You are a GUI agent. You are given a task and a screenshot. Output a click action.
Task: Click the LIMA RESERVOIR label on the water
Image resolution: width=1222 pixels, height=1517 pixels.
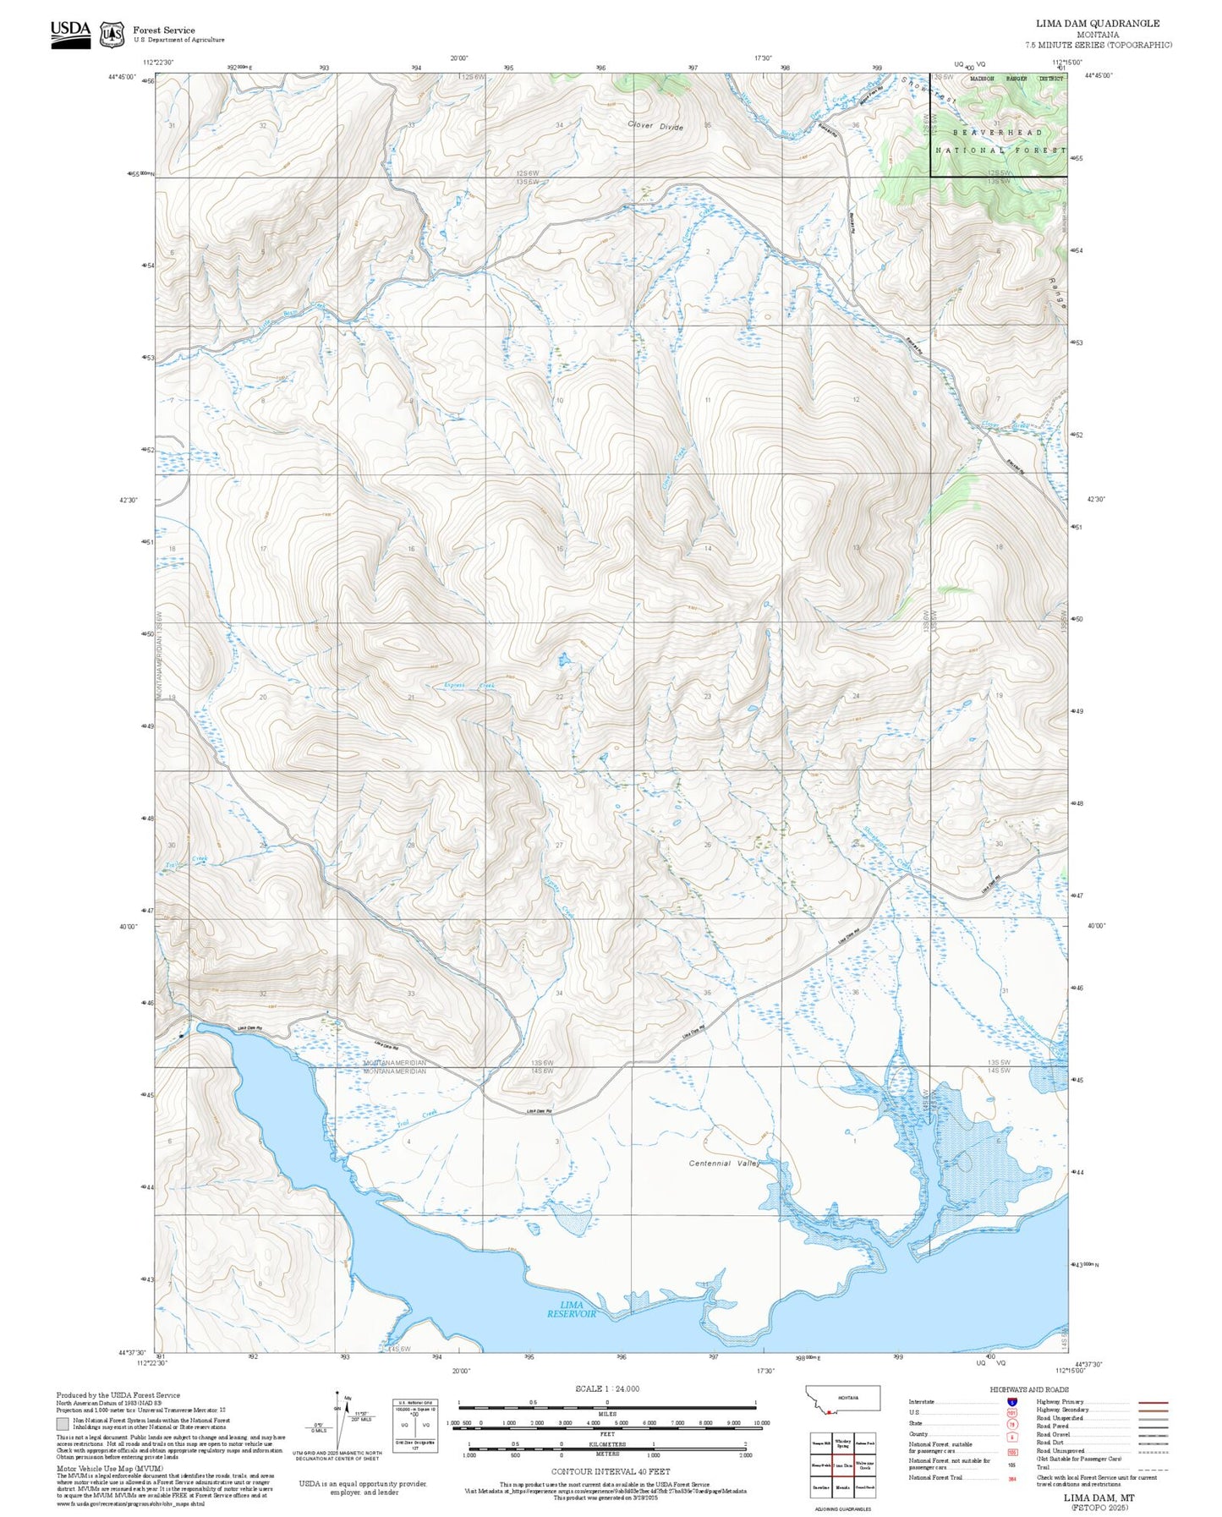pos(572,1309)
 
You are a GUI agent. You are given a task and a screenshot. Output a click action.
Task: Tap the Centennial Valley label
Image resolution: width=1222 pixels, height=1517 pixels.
pos(724,1164)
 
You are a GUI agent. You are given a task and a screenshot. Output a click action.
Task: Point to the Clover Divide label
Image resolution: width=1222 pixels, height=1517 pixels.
pos(655,126)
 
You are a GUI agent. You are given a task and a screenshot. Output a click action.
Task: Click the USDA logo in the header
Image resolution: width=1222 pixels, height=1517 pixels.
pos(70,33)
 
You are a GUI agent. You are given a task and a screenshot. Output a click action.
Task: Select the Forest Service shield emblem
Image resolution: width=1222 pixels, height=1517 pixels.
pos(112,35)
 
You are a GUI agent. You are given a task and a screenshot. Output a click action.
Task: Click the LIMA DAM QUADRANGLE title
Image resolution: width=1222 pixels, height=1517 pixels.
pos(1098,24)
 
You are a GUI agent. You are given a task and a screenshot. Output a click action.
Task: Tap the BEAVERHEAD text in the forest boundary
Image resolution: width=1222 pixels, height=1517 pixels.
pos(998,133)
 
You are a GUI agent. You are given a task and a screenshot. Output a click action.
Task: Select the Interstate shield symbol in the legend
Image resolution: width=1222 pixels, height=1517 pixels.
pos(1012,1402)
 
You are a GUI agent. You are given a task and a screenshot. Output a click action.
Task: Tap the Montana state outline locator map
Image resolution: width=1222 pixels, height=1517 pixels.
pos(843,1398)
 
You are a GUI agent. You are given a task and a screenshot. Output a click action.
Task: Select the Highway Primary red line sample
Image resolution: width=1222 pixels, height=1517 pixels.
pos(1154,1402)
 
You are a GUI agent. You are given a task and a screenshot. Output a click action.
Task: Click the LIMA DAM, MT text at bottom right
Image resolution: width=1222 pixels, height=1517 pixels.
pos(1099,1498)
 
